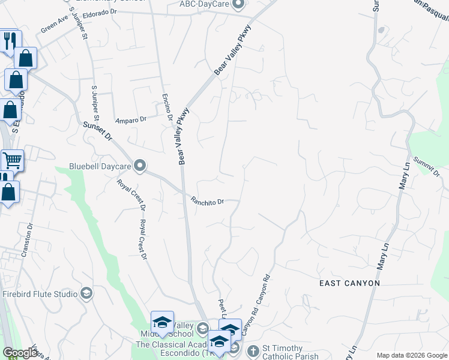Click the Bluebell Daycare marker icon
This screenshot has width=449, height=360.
tap(140, 165)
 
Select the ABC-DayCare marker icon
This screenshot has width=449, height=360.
tap(238, 5)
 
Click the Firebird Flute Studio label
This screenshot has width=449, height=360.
tap(40, 294)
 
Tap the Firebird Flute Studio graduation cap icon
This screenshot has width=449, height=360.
tap(86, 293)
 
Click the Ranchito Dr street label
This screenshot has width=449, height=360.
tap(206, 202)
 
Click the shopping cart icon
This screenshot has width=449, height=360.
tap(12, 160)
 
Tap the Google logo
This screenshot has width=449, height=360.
tap(20, 353)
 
